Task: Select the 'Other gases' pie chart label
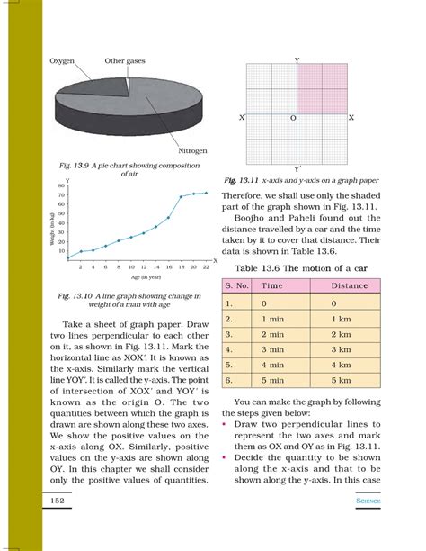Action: click(125, 60)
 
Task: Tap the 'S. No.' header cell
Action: click(235, 285)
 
